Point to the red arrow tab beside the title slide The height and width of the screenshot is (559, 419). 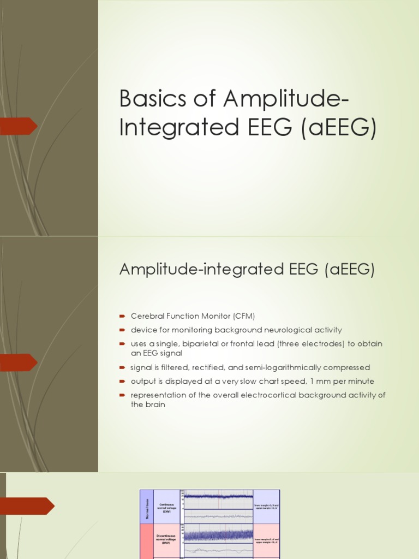point(19,126)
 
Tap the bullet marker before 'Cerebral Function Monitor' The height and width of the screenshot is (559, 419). point(123,316)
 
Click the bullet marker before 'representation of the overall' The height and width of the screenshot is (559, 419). point(123,395)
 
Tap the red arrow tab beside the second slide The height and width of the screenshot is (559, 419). point(19,362)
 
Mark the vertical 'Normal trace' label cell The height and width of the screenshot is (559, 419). point(147,506)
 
